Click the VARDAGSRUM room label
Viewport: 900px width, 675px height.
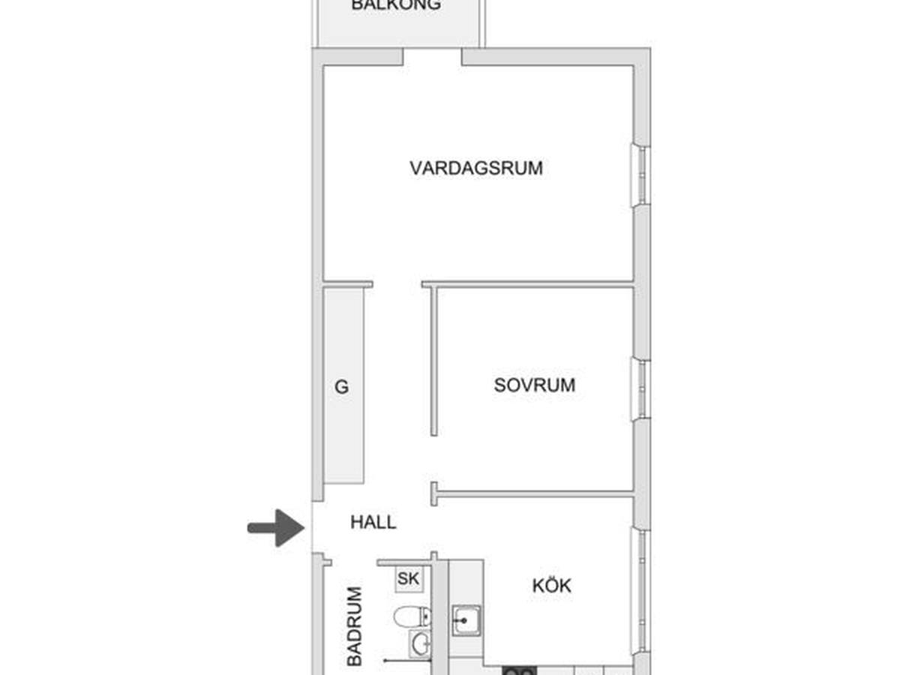pos(476,168)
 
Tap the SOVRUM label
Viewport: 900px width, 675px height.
pos(534,385)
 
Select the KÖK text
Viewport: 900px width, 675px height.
pos(551,585)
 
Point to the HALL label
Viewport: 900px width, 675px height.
pos(373,522)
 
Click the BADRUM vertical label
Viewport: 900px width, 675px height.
pos(354,626)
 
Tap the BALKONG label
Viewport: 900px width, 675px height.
pos(396,5)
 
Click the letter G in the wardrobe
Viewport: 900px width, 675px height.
pos(341,387)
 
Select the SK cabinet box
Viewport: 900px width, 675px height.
pos(409,579)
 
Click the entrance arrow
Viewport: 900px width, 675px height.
pos(276,528)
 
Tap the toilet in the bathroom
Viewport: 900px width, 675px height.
pos(412,616)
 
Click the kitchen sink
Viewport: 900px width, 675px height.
pos(466,620)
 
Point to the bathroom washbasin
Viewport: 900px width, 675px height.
pos(420,644)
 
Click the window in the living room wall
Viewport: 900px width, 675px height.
pos(640,175)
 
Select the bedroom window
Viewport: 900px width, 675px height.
pos(640,389)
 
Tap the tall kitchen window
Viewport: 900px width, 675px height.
pos(640,590)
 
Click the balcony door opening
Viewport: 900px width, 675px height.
pos(432,56)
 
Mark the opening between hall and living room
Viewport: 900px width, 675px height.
pos(397,284)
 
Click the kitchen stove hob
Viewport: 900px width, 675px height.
pos(520,670)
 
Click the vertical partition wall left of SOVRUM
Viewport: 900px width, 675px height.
pos(433,361)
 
